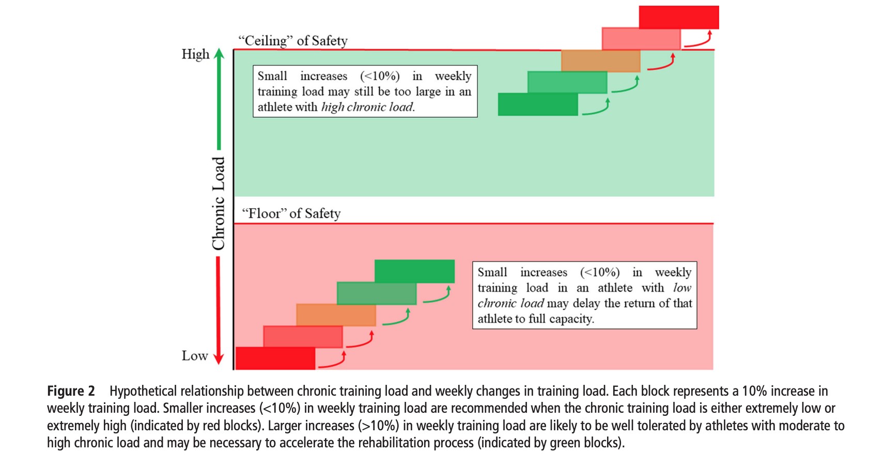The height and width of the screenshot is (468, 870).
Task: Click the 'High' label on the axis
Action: pos(195,54)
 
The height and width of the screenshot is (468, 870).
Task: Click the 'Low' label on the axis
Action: pos(195,356)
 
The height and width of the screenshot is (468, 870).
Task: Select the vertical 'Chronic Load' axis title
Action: pos(219,203)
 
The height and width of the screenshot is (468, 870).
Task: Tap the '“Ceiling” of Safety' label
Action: pos(292,41)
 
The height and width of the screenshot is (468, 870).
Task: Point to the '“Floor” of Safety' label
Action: pos(291,213)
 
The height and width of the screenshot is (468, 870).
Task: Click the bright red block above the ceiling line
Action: pos(678,17)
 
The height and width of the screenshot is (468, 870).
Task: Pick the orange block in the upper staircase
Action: pos(600,61)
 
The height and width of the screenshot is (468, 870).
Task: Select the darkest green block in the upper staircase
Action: pos(537,104)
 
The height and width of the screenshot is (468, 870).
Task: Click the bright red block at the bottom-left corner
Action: pos(275,358)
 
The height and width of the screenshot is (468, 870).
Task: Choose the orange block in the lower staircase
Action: pos(336,315)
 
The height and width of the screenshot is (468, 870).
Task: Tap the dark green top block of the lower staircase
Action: pos(414,271)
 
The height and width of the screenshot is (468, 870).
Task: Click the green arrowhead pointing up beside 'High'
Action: pos(219,54)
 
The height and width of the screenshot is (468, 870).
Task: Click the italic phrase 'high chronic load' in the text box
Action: pos(367,107)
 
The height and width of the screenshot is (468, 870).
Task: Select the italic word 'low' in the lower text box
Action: pos(682,288)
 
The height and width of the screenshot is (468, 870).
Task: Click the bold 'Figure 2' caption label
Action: pos(71,391)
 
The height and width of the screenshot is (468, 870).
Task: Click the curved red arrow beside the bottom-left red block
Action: pos(332,361)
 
